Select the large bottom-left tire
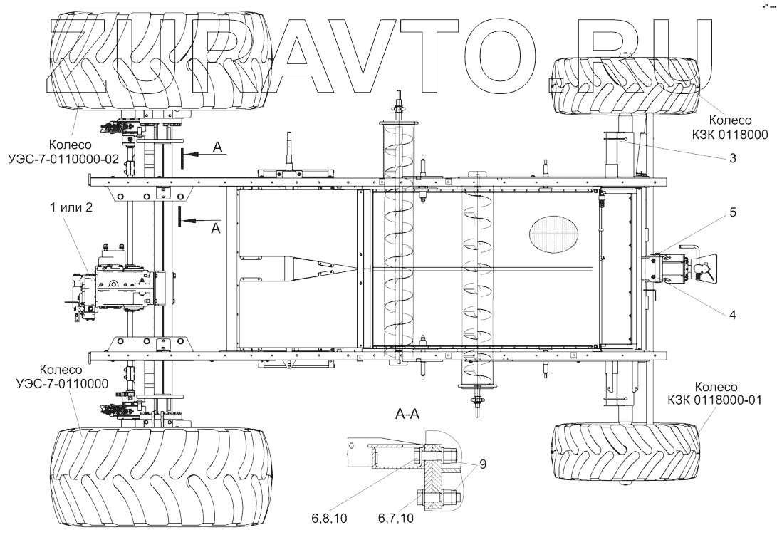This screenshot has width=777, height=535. (157, 475)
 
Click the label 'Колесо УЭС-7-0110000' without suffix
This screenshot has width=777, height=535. (63, 378)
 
